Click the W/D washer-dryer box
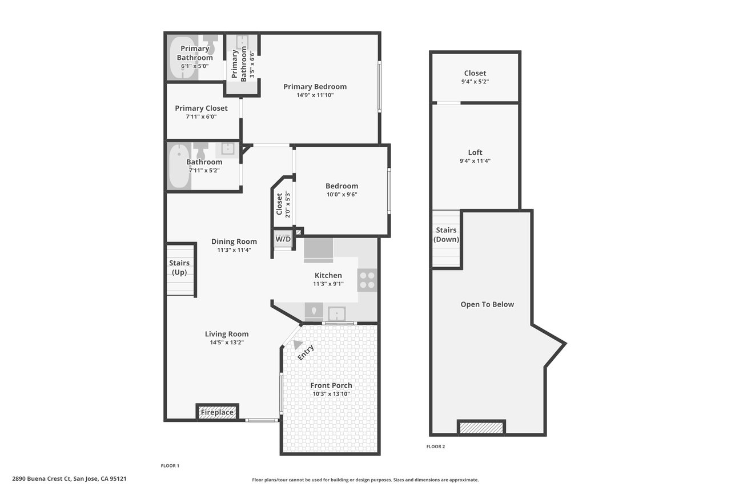(283, 239)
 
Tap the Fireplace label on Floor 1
(217, 412)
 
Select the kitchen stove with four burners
(367, 280)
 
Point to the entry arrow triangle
(298, 345)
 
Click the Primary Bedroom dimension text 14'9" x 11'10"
(315, 95)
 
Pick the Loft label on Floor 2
(475, 152)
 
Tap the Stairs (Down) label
(446, 235)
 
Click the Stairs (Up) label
(179, 267)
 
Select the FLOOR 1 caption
(170, 466)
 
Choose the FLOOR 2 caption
(436, 446)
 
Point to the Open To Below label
(487, 304)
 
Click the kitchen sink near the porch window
(337, 314)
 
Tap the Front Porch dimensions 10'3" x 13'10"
(331, 394)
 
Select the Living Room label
(227, 334)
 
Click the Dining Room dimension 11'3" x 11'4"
(234, 250)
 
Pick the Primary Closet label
(202, 108)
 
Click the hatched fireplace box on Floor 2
(481, 428)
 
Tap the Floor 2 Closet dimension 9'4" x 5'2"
(475, 82)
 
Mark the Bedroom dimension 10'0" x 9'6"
(342, 195)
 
